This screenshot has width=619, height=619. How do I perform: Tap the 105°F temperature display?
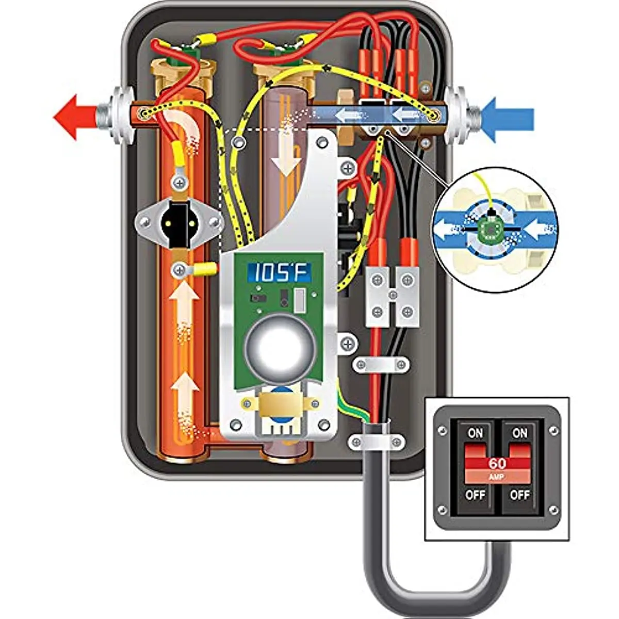click(279, 272)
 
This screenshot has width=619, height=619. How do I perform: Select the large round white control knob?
click(279, 347)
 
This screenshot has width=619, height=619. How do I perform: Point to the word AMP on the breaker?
click(497, 478)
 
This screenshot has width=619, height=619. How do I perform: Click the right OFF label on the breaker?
click(519, 495)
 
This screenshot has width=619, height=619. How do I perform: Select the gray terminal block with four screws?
click(393, 296)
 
